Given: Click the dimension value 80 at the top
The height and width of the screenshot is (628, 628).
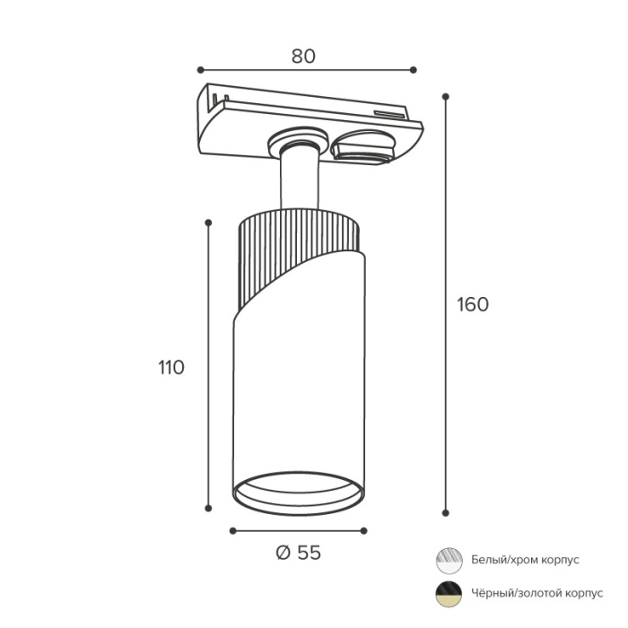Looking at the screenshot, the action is (x=303, y=57).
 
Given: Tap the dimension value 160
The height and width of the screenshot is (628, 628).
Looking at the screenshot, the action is (x=473, y=304).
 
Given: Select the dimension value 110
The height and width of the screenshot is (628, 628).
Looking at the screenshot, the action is (x=171, y=367).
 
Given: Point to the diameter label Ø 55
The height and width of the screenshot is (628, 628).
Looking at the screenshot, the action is (x=299, y=553).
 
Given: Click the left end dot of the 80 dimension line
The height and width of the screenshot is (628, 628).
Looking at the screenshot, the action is (x=201, y=70).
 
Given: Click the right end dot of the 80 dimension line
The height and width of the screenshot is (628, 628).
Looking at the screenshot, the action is (x=414, y=70).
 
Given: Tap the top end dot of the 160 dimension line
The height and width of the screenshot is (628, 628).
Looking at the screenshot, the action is (x=445, y=97).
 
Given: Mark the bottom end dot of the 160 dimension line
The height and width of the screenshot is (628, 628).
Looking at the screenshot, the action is (x=445, y=512).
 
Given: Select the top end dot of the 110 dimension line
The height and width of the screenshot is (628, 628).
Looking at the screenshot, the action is (x=208, y=222).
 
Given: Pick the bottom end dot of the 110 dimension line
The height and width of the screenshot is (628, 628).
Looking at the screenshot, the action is (x=208, y=509).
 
